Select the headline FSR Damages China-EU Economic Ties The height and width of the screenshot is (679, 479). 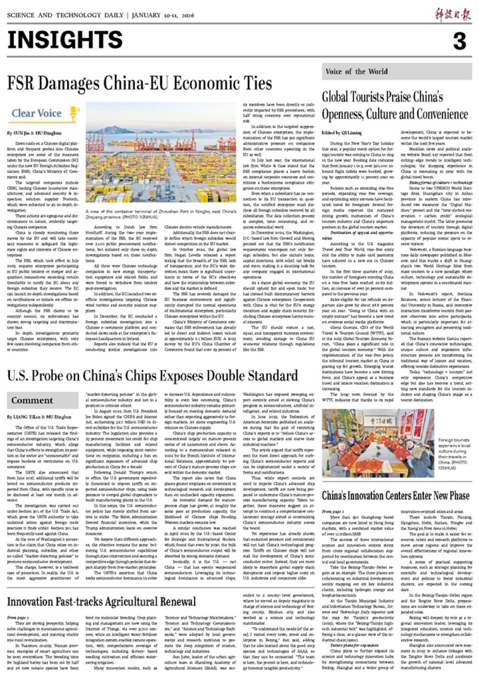click(x=139, y=84)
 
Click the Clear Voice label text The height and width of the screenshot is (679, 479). click(x=36, y=114)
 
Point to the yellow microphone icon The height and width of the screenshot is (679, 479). click(x=74, y=114)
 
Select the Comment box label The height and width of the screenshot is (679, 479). click(x=33, y=401)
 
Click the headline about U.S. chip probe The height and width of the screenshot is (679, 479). click(x=152, y=376)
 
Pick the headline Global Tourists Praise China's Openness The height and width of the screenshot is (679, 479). click(x=395, y=105)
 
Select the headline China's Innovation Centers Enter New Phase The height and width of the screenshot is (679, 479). click(x=396, y=495)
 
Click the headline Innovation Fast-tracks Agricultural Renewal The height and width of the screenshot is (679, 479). click(x=102, y=602)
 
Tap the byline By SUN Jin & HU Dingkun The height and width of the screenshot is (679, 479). click(x=34, y=133)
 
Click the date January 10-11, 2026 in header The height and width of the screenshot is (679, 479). click(x=163, y=15)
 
